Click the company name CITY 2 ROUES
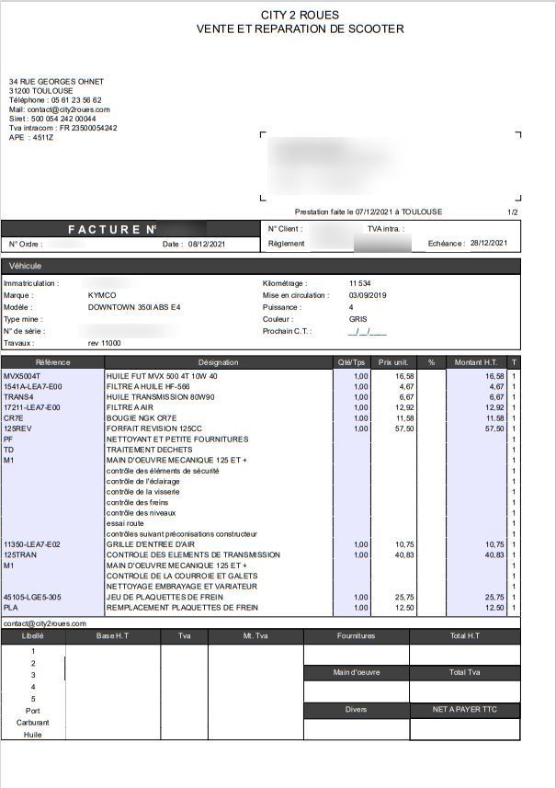(x=300, y=16)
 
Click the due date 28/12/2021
(x=488, y=244)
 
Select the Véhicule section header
(x=26, y=266)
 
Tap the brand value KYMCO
(x=102, y=295)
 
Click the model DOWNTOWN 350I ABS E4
(x=134, y=306)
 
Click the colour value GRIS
(x=358, y=319)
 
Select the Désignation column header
(x=218, y=362)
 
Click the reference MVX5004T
(x=22, y=376)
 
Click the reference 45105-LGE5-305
(x=32, y=597)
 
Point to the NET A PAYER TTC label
(x=464, y=710)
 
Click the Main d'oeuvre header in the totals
(x=356, y=672)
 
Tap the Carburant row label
(x=32, y=723)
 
